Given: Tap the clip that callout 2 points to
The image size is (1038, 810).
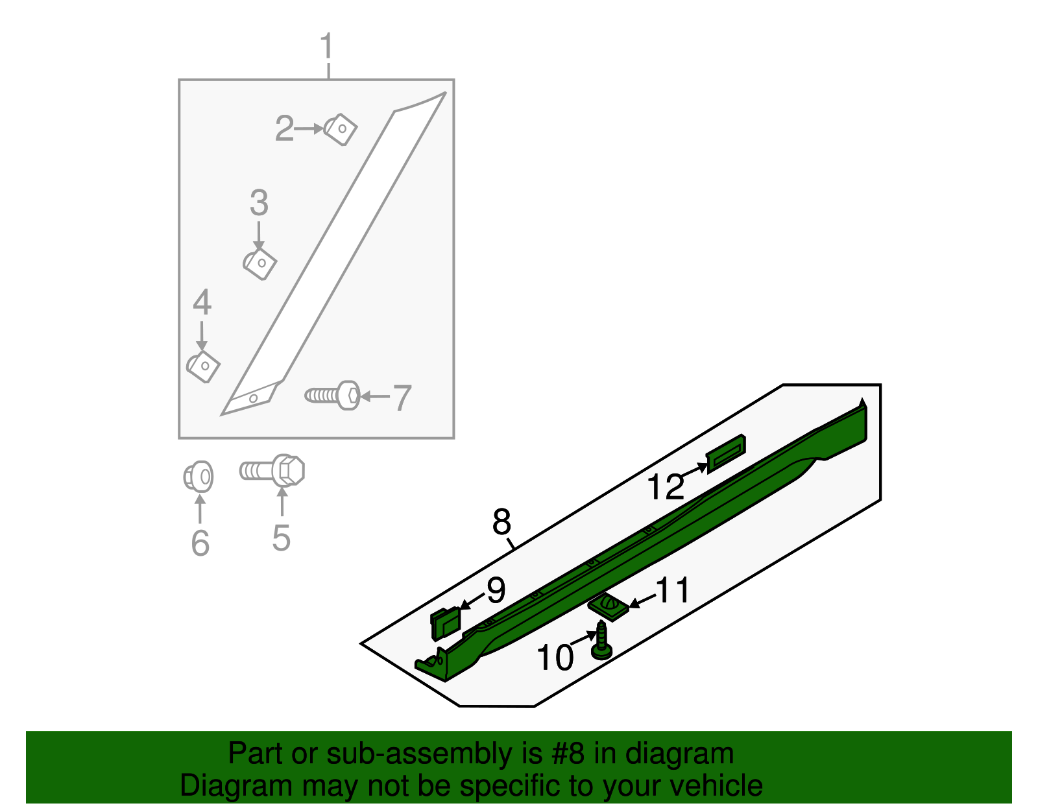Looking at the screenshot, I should (341, 129).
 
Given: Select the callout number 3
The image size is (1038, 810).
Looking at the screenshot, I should (259, 204).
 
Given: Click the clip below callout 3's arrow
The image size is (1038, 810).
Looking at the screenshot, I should (260, 264).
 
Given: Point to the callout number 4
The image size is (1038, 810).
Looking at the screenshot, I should (202, 303).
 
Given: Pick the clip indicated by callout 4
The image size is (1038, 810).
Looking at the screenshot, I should (204, 366).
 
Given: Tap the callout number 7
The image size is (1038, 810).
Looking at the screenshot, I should (402, 398).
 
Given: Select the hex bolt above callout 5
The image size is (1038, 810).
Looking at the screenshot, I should (273, 470).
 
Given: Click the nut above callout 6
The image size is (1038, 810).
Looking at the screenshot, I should (199, 478).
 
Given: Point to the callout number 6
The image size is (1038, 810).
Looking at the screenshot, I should (200, 543).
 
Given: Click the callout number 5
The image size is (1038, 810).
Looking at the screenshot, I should (281, 538).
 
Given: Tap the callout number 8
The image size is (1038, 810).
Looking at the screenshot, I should (501, 521).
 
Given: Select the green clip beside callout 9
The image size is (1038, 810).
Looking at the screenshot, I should (445, 623).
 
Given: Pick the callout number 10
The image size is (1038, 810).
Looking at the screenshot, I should (555, 658).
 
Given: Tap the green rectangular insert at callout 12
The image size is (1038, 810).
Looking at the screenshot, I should (726, 452).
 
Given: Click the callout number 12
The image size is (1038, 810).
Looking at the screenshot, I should (666, 487).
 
